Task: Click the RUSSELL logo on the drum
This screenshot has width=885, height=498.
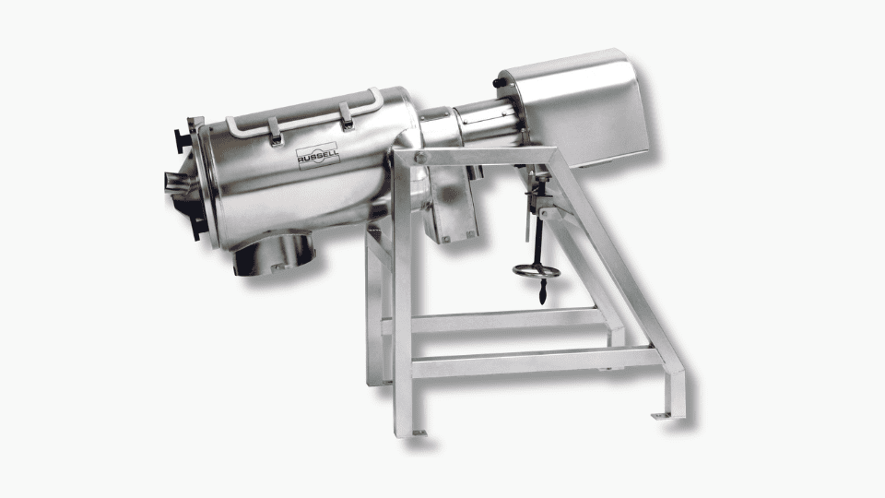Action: [318, 156]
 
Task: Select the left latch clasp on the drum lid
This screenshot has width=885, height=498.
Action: [275, 132]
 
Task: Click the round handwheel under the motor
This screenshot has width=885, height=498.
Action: [537, 271]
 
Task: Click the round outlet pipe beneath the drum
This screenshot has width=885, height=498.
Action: [275, 255]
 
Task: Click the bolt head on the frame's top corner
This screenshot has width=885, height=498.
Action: [420, 158]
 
